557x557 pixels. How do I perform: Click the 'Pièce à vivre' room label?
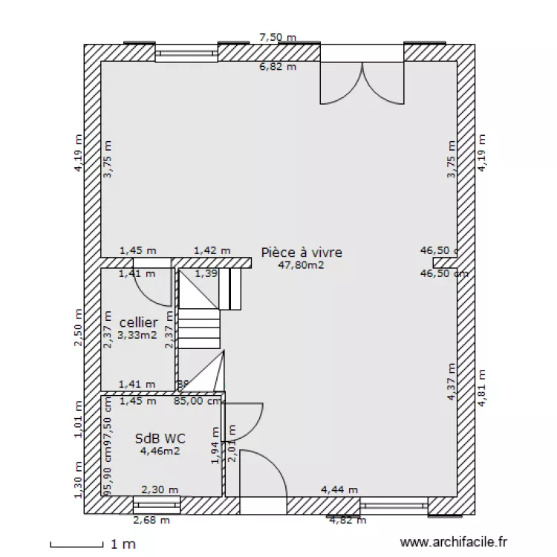[302, 253]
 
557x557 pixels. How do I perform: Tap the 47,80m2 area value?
[301, 264]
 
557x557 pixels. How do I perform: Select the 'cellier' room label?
[138, 322]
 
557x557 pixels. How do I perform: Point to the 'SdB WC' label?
[155, 438]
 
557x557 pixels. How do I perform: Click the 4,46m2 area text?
[160, 450]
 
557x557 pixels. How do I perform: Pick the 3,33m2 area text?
[137, 334]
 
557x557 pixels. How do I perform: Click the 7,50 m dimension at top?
[277, 37]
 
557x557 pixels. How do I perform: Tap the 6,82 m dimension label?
[277, 67]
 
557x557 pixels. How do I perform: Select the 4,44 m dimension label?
[339, 489]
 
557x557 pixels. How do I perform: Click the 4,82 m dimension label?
[348, 520]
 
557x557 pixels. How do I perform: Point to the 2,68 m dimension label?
[151, 520]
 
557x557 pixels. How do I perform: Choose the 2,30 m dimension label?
[160, 489]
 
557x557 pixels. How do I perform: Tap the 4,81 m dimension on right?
[481, 388]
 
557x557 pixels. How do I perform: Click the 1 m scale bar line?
[76, 546]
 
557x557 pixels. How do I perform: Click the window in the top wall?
[186, 53]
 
